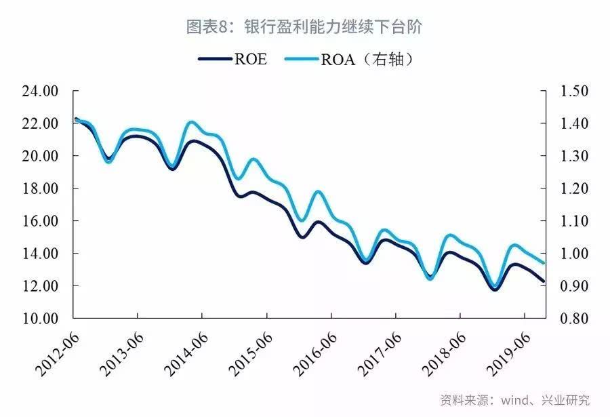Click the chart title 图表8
[x=305, y=27]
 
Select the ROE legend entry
[x=234, y=59]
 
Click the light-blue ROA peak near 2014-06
[x=192, y=123]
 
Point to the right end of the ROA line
[x=544, y=262]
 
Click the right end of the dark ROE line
[x=544, y=281]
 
